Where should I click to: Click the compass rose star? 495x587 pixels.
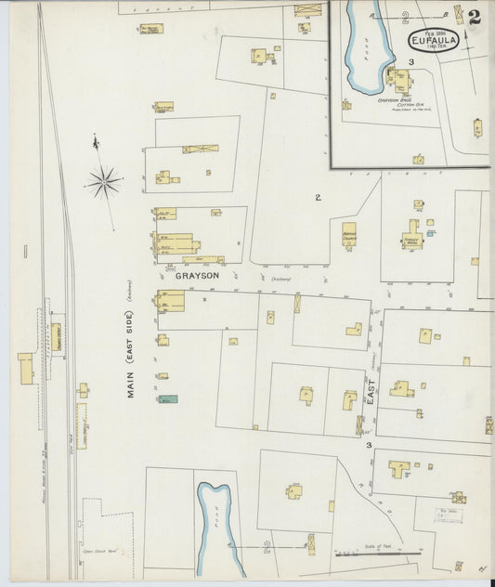pos(104,181)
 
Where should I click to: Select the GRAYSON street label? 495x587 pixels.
pos(196,276)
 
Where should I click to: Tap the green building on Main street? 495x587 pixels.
pos(167,398)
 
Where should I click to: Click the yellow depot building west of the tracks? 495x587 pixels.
pos(25,365)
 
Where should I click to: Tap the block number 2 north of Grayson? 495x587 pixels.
pos(318,197)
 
